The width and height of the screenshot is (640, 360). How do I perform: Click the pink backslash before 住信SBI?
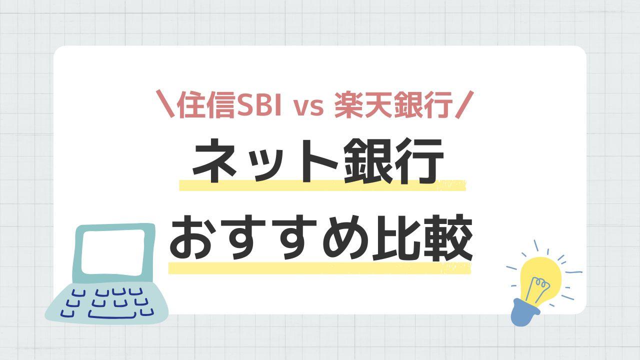click(165, 104)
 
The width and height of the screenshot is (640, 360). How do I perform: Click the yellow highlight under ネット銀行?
click(322, 185)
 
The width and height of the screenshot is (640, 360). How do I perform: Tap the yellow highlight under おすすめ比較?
click(319, 268)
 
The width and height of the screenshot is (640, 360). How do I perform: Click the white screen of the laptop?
click(113, 252)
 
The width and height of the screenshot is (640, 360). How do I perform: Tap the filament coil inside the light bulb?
click(541, 283)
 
